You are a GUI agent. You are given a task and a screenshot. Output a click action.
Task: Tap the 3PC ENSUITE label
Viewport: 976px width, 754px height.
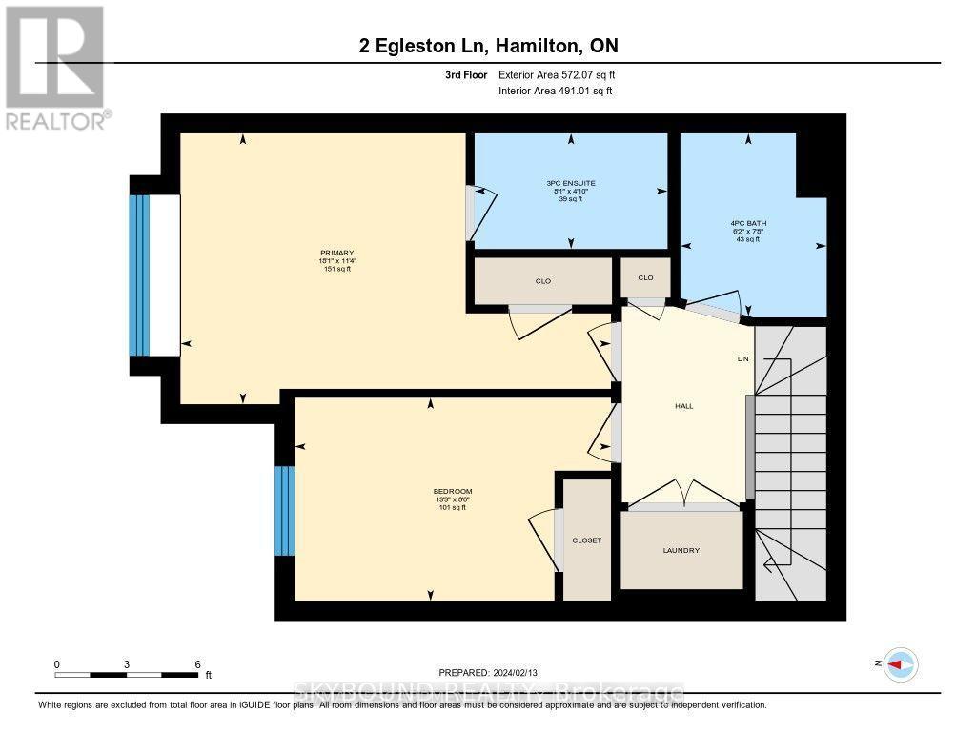point(571,182)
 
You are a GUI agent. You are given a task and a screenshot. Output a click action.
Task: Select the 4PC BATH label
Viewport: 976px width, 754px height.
point(748,223)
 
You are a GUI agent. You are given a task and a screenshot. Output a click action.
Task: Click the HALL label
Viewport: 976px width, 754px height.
point(683,406)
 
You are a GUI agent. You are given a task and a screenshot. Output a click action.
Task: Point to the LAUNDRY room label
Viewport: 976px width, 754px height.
point(681,550)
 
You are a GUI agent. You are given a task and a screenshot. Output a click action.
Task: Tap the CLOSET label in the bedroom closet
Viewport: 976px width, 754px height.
point(586,540)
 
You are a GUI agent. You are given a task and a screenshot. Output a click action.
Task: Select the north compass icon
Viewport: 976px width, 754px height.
point(899,663)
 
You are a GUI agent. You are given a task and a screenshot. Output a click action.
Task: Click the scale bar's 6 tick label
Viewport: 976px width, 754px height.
point(196,663)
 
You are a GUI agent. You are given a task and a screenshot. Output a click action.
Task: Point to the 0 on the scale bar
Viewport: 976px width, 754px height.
point(57,663)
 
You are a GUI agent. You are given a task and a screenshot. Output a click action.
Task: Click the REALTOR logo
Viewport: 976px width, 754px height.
point(55,67)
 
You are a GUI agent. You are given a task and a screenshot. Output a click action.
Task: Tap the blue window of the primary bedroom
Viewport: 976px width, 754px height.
point(140,275)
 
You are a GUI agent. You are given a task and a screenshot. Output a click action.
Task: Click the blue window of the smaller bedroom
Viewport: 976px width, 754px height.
point(284,511)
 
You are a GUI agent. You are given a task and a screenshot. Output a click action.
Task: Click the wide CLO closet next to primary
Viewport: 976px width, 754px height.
point(543,281)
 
